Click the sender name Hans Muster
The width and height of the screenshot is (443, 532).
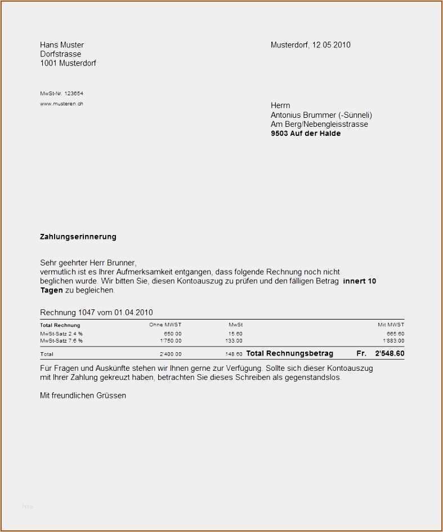tap(62, 45)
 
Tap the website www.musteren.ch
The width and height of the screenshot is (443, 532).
tap(61, 104)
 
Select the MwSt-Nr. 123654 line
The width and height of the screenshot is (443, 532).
tap(61, 94)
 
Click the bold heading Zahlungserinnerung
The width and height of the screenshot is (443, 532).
tap(78, 237)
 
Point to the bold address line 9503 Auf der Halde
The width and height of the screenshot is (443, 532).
tap(306, 134)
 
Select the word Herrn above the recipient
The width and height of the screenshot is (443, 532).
tap(280, 105)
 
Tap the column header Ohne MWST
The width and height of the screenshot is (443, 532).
tap(165, 325)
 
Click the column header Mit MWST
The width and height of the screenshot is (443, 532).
tap(391, 325)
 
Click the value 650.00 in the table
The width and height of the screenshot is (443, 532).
tap(172, 334)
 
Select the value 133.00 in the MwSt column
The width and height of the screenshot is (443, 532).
tap(234, 340)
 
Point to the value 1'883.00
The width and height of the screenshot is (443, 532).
tap(393, 340)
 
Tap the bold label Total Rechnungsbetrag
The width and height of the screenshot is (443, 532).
tap(290, 353)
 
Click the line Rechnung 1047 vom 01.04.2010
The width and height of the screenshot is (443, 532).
tap(96, 312)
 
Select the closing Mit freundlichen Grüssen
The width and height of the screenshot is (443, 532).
tap(83, 396)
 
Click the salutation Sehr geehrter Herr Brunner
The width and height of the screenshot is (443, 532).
tap(88, 263)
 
